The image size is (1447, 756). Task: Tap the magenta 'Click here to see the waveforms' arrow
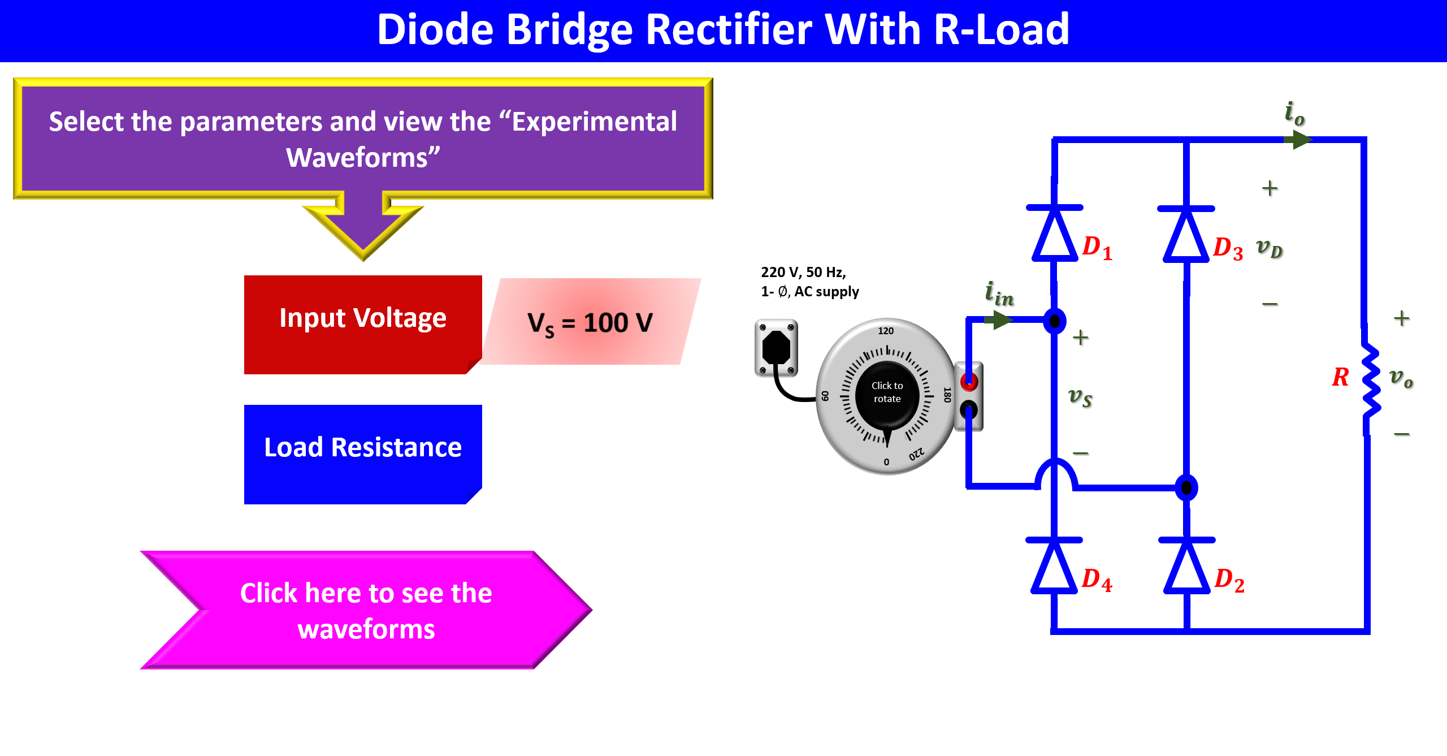pos(366,611)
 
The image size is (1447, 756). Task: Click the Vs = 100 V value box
pos(591,322)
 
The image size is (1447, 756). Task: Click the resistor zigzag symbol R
pos(1370,379)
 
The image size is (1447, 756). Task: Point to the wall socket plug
pos(776,347)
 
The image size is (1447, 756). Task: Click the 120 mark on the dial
pos(886,331)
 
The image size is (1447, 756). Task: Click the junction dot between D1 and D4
pos(1054,321)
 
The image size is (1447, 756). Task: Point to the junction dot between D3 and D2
pos(1186,487)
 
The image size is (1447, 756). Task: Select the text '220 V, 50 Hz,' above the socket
pos(803,272)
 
